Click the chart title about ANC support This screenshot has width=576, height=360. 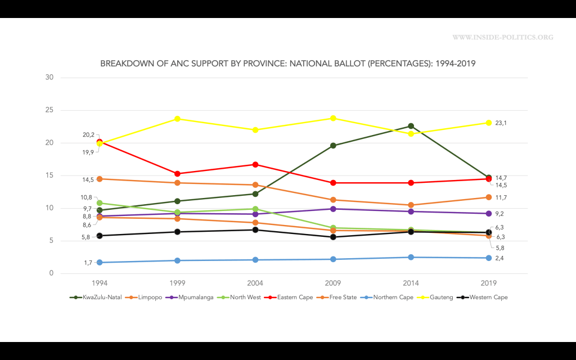tap(287, 64)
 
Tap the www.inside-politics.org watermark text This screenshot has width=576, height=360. tap(502, 38)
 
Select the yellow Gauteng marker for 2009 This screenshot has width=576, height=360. tap(333, 118)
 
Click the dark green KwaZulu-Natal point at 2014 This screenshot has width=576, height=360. tap(411, 126)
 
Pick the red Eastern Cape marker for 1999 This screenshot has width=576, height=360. tap(177, 174)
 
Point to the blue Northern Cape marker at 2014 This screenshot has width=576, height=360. tap(411, 257)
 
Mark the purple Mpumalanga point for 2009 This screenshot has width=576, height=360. tap(333, 209)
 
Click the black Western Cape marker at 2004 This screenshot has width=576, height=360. tap(255, 229)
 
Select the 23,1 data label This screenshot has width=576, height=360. tap(502, 123)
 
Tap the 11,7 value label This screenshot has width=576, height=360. tap(502, 197)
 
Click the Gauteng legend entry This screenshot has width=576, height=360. tap(437, 297)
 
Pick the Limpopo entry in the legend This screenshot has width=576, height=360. tap(145, 297)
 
